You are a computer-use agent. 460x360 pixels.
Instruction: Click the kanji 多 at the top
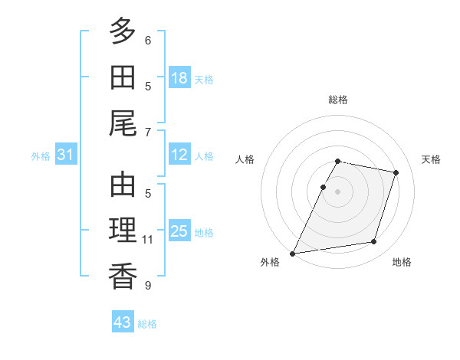coord(123,31)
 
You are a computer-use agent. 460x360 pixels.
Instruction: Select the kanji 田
coord(123,77)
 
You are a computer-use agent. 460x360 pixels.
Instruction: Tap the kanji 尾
coord(123,123)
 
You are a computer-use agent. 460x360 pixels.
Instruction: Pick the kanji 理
coord(123,230)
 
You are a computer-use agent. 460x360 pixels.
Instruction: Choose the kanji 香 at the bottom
coord(123,277)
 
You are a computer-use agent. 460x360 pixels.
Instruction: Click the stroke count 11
coord(147,240)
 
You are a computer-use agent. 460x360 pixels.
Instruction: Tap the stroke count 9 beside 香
coord(148,285)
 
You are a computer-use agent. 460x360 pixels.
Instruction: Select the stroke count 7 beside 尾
coord(148,133)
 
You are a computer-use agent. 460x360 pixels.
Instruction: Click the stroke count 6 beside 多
coord(148,41)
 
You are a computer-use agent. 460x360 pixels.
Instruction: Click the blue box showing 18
coord(179,77)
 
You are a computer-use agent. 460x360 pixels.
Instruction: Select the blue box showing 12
coord(179,154)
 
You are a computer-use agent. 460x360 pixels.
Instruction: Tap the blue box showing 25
coord(179,230)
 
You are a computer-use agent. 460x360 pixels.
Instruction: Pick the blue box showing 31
coord(66,154)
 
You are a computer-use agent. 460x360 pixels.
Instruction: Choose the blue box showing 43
coord(123,321)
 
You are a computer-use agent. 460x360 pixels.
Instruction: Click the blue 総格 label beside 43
coord(147,324)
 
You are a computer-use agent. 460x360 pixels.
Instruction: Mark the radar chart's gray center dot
coord(337,191)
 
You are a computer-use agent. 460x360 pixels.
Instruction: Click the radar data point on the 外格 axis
coord(292,254)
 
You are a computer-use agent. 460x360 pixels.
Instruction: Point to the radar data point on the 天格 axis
coord(396,172)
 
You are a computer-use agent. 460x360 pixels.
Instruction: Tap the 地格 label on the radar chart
coord(402,262)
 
